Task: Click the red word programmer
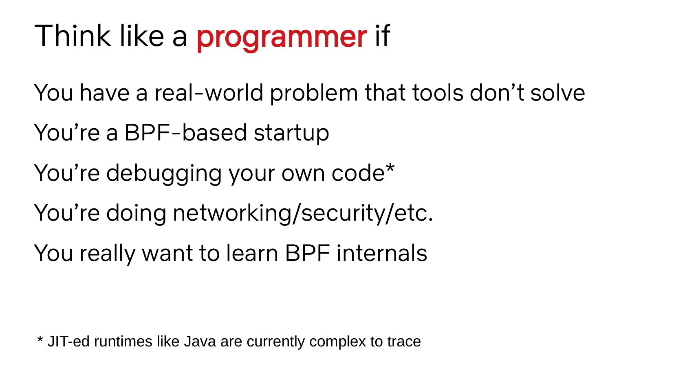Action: click(282, 38)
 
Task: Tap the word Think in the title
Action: click(73, 36)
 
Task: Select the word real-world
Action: click(209, 92)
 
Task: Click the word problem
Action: click(314, 94)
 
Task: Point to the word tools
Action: click(438, 92)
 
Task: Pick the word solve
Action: click(557, 92)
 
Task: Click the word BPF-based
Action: click(186, 133)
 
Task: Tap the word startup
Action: click(291, 134)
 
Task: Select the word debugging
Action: click(164, 174)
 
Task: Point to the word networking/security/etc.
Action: click(303, 213)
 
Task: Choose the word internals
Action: click(382, 253)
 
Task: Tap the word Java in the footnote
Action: click(200, 342)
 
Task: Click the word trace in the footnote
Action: click(404, 342)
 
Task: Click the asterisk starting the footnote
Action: click(40, 339)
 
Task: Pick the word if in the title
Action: click(382, 36)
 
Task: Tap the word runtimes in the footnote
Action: click(123, 342)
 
